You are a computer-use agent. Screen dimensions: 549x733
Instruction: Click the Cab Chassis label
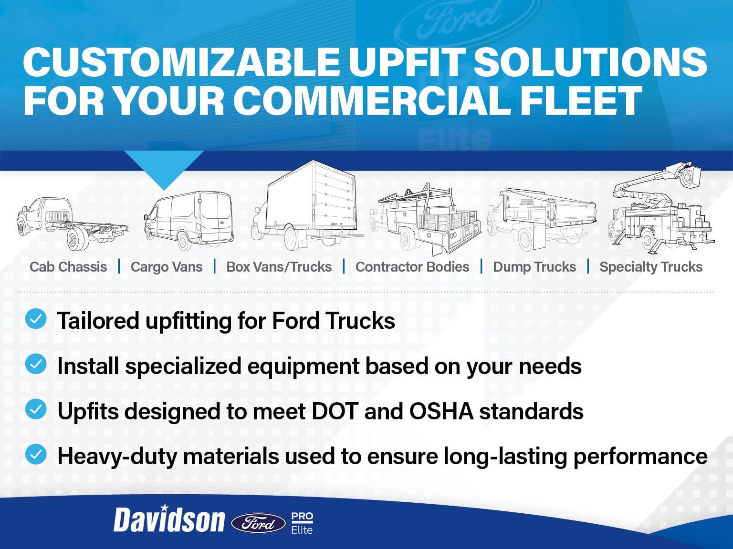tap(68, 267)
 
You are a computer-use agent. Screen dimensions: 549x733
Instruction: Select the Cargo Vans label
tap(167, 267)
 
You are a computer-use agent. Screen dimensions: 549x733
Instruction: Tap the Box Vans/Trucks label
tap(279, 267)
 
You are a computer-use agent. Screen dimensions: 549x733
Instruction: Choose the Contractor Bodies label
tap(412, 267)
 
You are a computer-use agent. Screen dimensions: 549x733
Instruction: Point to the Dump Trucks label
tap(534, 267)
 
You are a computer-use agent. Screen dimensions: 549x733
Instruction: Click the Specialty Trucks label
tap(651, 267)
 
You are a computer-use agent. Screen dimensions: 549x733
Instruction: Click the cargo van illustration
tap(188, 220)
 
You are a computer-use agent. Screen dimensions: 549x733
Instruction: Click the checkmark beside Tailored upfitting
tap(36, 319)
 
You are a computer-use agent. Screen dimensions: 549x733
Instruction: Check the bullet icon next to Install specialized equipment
tap(36, 365)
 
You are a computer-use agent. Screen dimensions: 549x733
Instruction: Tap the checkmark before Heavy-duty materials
tap(36, 454)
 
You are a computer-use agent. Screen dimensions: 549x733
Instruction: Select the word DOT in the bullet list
tap(335, 411)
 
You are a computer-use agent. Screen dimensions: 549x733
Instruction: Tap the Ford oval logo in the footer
tap(258, 523)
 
